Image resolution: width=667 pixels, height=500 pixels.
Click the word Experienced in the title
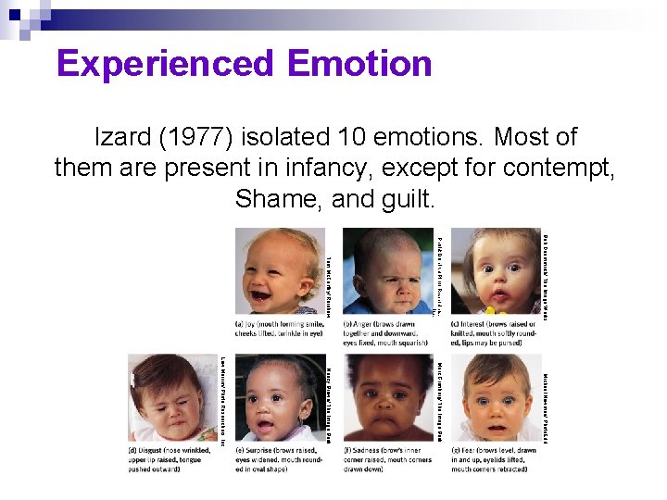point(165,64)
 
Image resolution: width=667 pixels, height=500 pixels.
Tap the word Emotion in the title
point(359,64)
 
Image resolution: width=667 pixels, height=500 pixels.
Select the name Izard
point(125,137)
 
